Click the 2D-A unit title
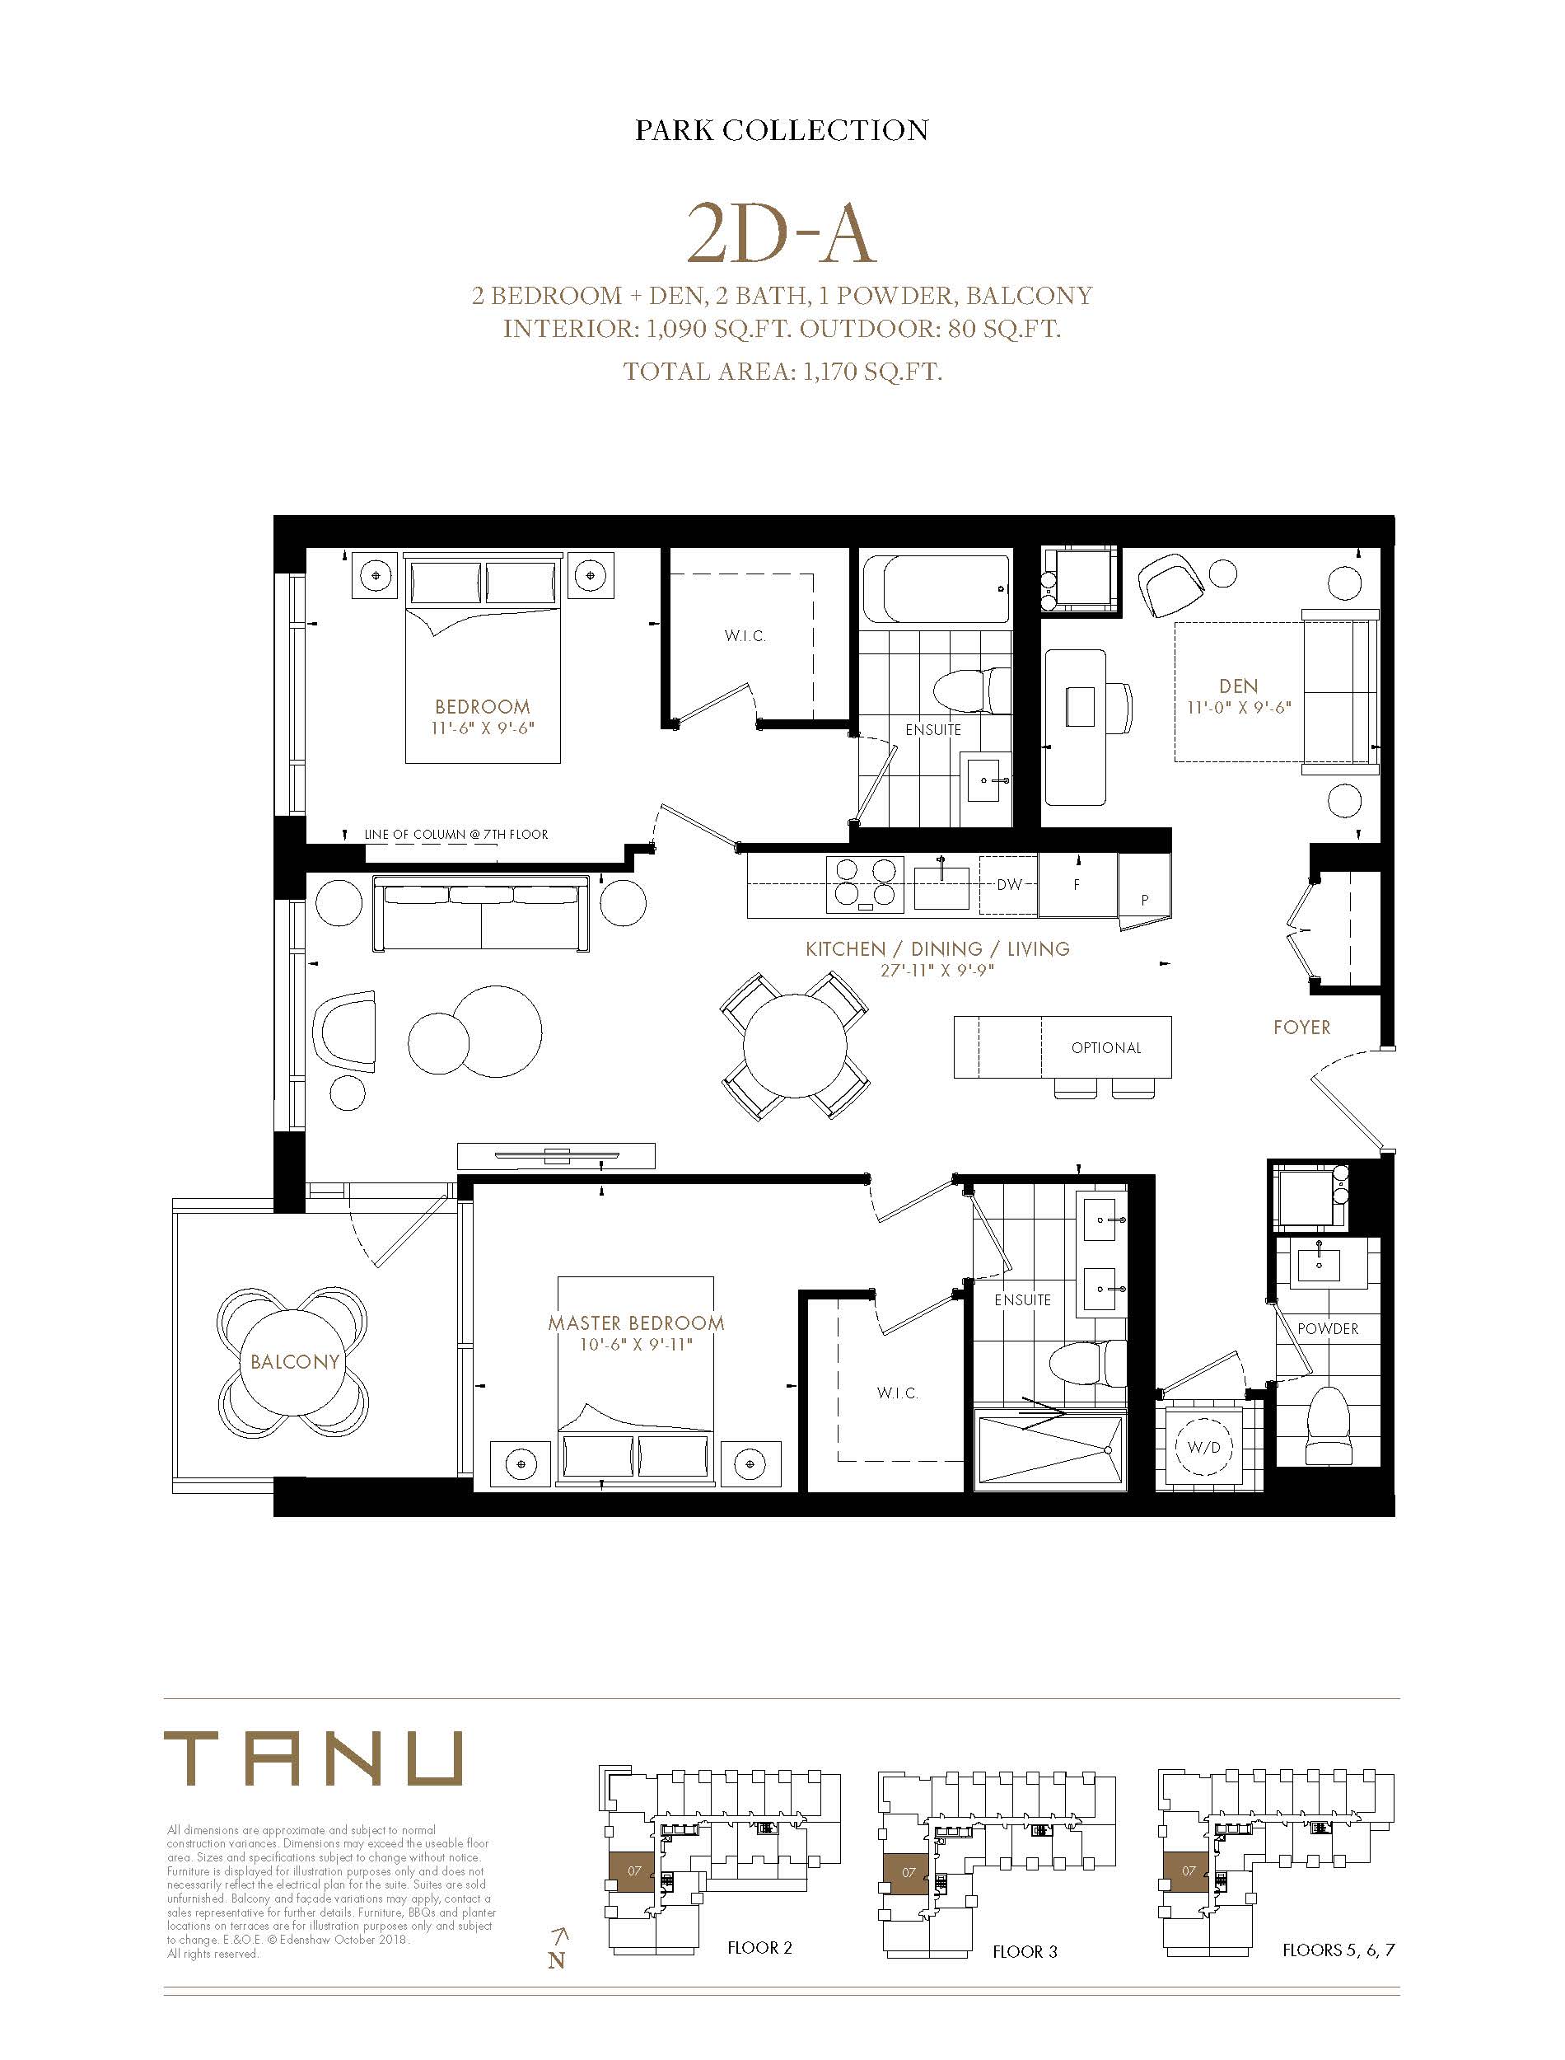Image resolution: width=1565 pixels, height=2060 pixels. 781,234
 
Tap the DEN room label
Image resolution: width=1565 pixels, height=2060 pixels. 1238,686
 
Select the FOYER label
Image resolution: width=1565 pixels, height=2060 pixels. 1301,1027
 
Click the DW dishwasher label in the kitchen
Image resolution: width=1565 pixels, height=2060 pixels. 1009,883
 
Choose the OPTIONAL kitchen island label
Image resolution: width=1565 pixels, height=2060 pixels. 1105,1047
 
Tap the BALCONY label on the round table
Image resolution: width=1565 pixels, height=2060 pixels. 294,1361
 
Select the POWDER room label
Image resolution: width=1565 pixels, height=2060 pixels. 1328,1327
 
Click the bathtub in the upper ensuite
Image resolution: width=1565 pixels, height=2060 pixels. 934,590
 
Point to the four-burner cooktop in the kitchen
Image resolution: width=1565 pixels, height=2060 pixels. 865,883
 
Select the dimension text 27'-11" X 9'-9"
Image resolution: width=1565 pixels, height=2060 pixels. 937,970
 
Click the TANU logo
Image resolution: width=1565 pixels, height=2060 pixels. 313,1758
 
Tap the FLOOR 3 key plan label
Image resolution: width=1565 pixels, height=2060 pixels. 1025,1951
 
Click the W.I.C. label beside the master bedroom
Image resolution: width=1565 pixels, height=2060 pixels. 897,1393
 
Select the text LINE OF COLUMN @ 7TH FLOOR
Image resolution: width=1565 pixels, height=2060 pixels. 456,834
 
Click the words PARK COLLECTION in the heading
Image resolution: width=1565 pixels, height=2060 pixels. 782,129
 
